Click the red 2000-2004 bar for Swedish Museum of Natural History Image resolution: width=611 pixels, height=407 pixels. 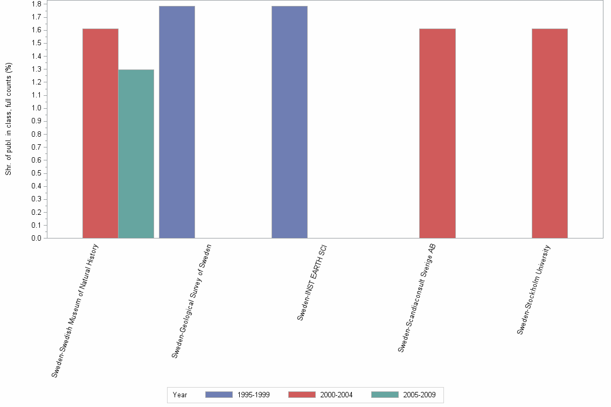tap(100, 133)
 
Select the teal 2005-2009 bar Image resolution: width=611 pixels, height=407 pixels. tap(136, 153)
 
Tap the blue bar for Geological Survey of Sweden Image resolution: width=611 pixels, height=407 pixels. tap(177, 122)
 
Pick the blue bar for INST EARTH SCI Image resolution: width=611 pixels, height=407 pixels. tap(289, 122)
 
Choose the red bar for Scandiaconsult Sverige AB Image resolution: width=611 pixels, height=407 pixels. tap(437, 133)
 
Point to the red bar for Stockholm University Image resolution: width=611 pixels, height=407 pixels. tap(550, 133)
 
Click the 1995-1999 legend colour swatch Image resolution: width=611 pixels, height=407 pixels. tap(219, 395)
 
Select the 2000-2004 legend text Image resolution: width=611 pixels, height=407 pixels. tap(336, 395)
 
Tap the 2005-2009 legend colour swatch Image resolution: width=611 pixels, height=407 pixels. tap(385, 395)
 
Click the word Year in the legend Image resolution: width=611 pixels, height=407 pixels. tap(180, 395)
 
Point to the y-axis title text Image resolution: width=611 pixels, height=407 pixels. tap(9, 119)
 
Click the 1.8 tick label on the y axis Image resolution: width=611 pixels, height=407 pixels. tap(38, 4)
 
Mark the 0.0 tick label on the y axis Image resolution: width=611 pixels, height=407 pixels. tap(38, 238)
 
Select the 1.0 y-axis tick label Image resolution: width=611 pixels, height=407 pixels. tap(38, 108)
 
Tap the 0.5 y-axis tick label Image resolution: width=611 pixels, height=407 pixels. tap(38, 173)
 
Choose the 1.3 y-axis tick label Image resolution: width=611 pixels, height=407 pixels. tap(38, 69)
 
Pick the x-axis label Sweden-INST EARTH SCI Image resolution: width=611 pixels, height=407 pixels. tap(313, 283)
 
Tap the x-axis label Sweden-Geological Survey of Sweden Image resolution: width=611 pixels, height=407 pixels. tap(191, 301)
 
